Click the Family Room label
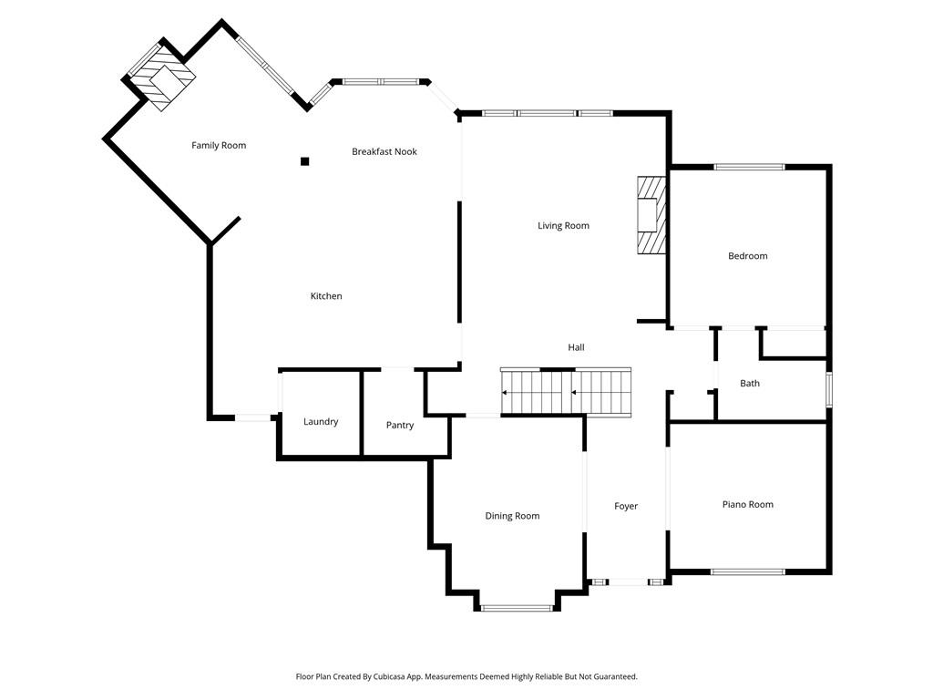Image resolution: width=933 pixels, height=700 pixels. pos(219,146)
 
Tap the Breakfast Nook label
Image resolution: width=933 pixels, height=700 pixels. pos(384,151)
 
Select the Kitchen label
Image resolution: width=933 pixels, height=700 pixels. pos(326,296)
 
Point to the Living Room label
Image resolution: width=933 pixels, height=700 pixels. pos(563,226)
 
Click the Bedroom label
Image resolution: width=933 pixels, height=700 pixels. pos(747,256)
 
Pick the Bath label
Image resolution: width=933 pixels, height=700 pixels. pos(750,384)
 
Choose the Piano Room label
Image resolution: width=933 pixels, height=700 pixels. pos(747,505)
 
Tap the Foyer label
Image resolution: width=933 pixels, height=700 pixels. pos(626,507)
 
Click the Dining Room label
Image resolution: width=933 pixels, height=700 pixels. pos(512,516)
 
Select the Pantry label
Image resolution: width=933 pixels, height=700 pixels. pos(400,426)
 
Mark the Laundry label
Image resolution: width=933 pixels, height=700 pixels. pos(321,422)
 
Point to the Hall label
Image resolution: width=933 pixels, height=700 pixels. pos(576,347)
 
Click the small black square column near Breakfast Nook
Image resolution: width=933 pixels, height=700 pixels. pos(305,162)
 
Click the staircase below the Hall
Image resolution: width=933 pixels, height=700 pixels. pos(566,392)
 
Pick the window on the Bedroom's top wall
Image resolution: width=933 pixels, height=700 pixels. pos(749,167)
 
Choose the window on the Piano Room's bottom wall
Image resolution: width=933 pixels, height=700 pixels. pos(747,571)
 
